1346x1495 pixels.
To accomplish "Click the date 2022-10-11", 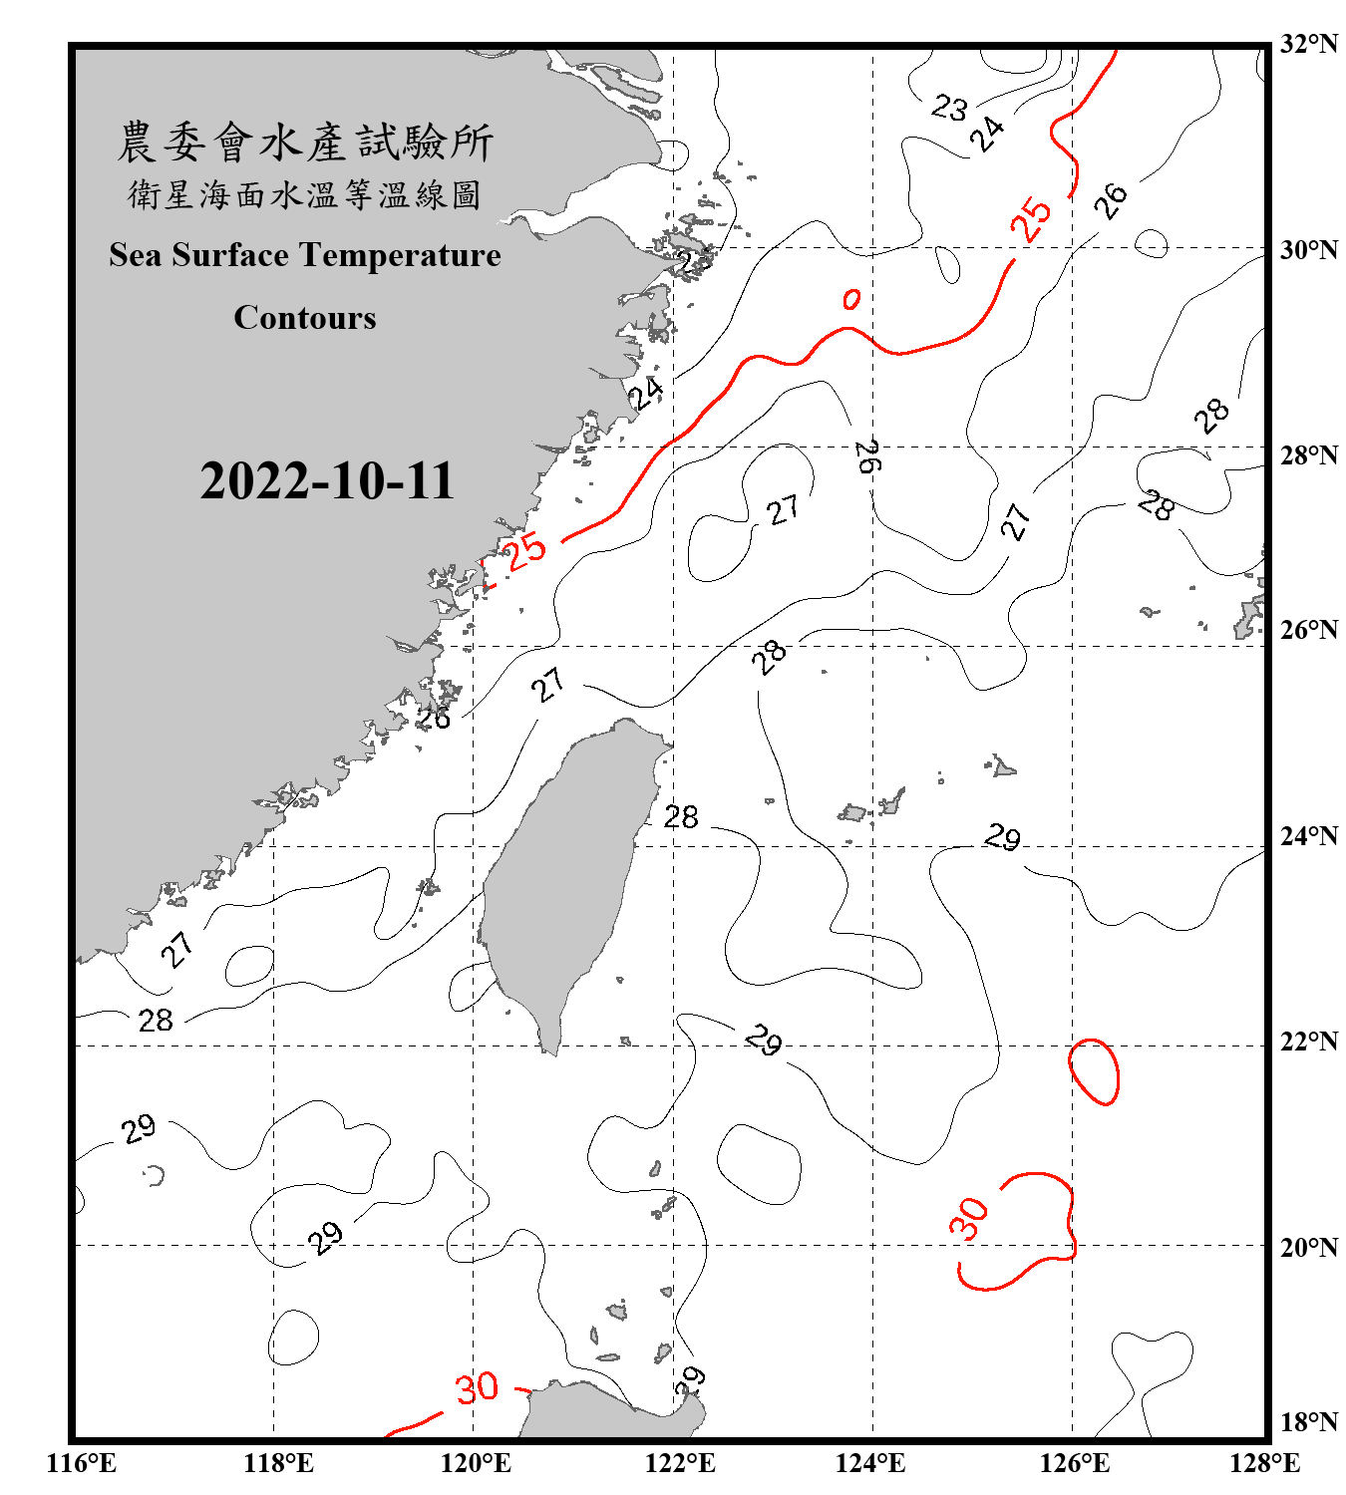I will tap(327, 480).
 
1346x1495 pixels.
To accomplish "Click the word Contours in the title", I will tap(305, 317).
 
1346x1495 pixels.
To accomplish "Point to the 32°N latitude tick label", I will tap(1308, 44).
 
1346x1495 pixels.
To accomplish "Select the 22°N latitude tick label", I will tap(1308, 1042).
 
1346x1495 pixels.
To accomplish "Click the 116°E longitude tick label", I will tap(82, 1463).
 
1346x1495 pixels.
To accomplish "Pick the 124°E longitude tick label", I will tap(870, 1463).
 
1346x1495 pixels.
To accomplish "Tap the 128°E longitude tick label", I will tap(1264, 1463).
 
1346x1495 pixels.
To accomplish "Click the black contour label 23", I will tap(949, 107).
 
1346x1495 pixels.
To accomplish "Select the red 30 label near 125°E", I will tap(968, 1218).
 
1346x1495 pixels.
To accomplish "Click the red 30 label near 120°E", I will tap(477, 1387).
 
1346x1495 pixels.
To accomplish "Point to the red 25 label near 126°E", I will tap(1031, 218).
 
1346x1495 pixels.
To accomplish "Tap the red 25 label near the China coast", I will tap(524, 550).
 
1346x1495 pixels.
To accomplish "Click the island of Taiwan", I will tap(563, 877).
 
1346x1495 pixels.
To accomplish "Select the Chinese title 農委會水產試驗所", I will tap(305, 143).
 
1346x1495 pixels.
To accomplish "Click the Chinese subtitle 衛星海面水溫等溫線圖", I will tap(305, 194).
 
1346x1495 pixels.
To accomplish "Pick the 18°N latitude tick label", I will tap(1308, 1421).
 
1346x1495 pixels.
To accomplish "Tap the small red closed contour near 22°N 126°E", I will tap(1094, 1071).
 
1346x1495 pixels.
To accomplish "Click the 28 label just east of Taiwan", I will tap(681, 817).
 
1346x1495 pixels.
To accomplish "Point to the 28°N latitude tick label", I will tap(1308, 455).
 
